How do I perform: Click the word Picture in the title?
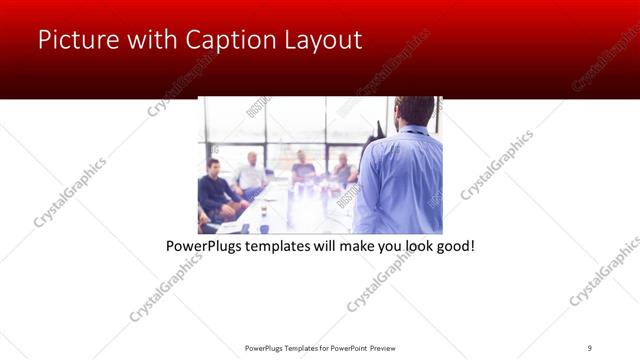(78, 41)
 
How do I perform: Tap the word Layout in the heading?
(322, 41)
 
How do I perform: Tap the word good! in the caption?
(453, 245)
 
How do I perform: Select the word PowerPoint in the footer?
(344, 347)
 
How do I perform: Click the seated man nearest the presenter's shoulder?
(344, 170)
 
